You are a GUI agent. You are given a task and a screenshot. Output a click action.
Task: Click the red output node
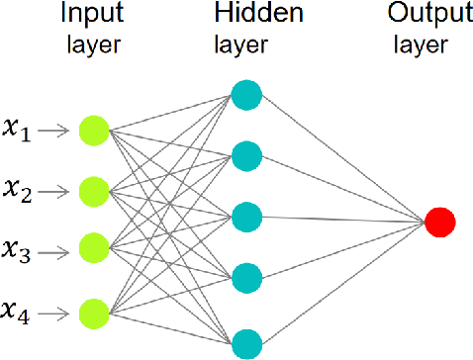439,222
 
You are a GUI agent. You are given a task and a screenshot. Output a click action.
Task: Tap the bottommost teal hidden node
245,344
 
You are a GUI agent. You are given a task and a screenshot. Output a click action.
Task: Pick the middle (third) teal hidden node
245,218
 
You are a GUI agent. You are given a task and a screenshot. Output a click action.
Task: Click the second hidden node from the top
245,155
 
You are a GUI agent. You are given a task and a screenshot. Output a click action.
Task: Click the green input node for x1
93,130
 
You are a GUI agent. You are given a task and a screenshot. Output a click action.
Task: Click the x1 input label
19,130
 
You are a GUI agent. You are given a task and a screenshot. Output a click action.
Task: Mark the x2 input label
19,189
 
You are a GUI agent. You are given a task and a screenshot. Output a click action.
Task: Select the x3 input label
19,251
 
